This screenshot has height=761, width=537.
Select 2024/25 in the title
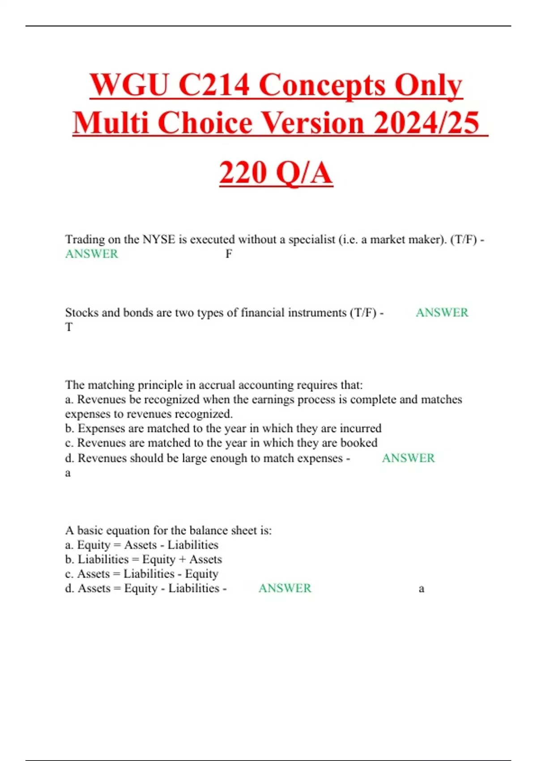coord(426,123)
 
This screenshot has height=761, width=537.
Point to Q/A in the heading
coord(304,173)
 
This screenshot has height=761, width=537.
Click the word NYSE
coord(158,239)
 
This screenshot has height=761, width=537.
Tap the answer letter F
coord(229,254)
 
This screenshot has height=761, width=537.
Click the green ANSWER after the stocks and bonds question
coord(442,312)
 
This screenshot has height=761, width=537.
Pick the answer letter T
coord(69,327)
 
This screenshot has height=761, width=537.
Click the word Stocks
coord(81,312)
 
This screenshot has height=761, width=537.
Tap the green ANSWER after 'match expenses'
coord(408,458)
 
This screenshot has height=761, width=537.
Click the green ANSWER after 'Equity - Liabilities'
coord(285,588)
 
